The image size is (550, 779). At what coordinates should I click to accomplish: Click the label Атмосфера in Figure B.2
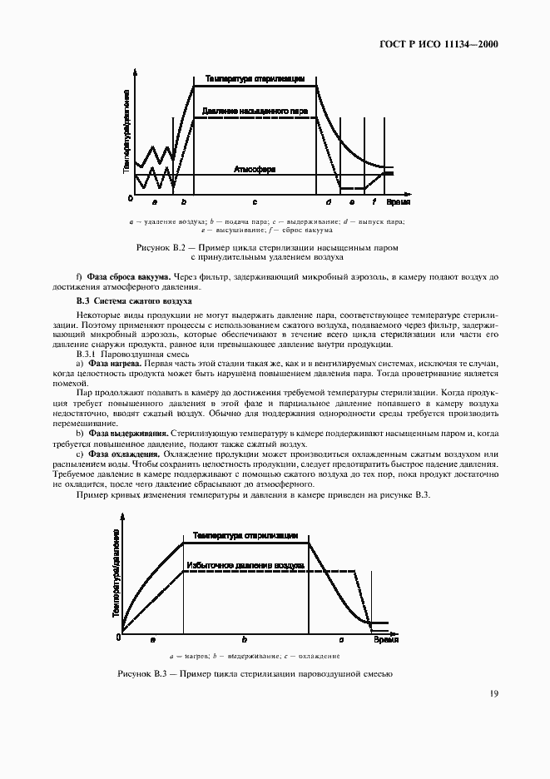[255, 169]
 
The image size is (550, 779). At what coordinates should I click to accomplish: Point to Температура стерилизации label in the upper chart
[255, 79]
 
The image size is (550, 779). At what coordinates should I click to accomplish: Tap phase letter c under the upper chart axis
[255, 202]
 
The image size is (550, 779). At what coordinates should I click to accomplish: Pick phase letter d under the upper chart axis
[329, 202]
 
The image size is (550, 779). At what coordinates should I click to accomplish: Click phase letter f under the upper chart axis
[374, 202]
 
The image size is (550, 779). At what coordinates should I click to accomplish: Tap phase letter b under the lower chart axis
[244, 639]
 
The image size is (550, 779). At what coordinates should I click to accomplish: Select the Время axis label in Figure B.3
[385, 639]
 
